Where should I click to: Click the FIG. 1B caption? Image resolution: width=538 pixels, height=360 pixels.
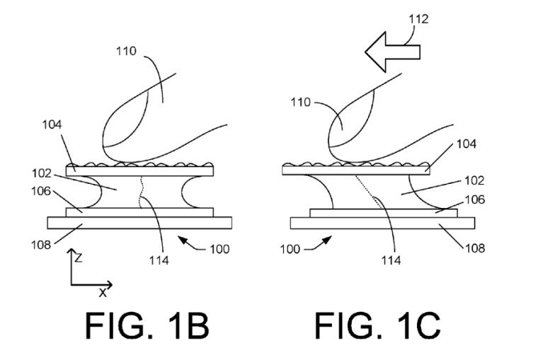[147, 326]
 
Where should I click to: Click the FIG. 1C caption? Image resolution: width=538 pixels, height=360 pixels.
[378, 326]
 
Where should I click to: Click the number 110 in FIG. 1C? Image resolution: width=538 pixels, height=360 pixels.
[302, 102]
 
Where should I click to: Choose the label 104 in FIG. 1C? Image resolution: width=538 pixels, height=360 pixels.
[467, 144]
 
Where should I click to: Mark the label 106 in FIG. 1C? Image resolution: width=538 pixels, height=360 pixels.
[474, 200]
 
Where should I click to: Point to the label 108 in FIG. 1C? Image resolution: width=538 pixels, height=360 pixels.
[474, 248]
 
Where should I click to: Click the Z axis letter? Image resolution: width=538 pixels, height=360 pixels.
[79, 258]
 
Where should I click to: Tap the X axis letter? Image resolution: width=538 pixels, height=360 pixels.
[103, 291]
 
